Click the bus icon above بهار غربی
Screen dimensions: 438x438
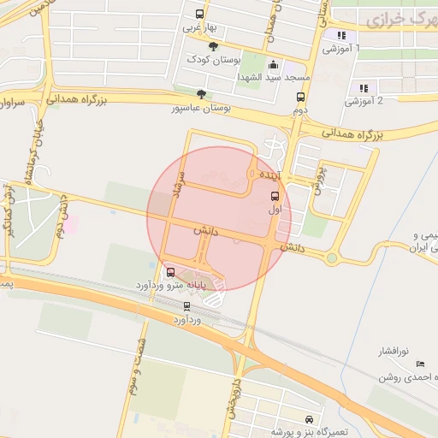[199, 14]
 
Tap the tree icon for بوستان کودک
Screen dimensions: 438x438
[213, 47]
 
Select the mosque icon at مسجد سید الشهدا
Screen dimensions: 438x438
[273, 64]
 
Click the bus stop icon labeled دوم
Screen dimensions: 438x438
[299, 97]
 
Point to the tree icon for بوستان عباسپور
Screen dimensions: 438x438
[201, 94]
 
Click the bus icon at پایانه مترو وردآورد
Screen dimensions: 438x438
[171, 272]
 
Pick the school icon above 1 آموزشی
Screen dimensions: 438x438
[342, 35]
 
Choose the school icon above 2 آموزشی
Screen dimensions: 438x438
[364, 87]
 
